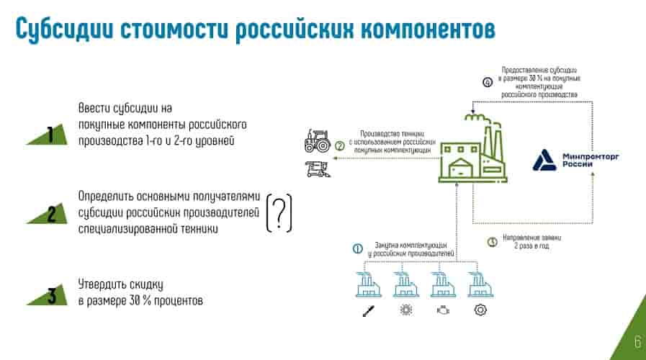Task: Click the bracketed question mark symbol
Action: click(x=279, y=212)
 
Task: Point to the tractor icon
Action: click(x=317, y=141)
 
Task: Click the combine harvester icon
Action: click(x=317, y=169)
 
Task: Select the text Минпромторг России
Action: click(x=588, y=160)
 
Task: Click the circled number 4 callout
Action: click(x=488, y=82)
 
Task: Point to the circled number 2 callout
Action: click(x=340, y=145)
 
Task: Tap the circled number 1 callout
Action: click(x=357, y=249)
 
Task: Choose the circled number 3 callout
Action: click(x=493, y=243)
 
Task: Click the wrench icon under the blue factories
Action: click(x=367, y=310)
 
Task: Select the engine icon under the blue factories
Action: click(x=441, y=310)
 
